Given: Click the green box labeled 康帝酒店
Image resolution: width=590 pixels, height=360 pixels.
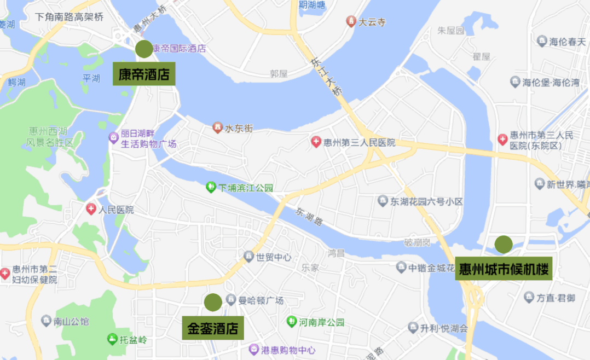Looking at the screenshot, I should tap(144, 74).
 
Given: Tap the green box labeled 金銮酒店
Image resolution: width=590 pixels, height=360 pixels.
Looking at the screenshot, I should tap(213, 328).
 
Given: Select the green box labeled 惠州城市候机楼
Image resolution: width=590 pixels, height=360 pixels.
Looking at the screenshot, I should tap(504, 269).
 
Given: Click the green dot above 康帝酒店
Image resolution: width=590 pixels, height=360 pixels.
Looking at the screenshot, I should tap(144, 49).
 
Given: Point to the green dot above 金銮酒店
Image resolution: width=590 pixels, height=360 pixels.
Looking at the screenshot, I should tap(213, 302).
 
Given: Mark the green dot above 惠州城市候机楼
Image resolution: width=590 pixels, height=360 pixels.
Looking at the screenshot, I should tap(504, 244).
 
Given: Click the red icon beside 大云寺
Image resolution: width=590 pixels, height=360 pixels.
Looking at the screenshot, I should tap(351, 22).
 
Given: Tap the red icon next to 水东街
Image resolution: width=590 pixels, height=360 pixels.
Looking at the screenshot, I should tap(218, 128).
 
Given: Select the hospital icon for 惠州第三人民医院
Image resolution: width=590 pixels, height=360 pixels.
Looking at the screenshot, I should tap(316, 142).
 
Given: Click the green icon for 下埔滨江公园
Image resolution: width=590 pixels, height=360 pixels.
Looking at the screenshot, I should tap(211, 188).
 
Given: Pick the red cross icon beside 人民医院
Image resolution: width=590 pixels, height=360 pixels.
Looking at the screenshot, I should tap(91, 209).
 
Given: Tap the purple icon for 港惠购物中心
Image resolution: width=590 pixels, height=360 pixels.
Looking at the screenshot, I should tap(254, 349).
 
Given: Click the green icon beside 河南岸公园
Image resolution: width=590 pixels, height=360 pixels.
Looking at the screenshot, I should tap(292, 322).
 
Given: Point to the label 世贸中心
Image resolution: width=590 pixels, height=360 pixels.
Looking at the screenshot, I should tap(274, 257).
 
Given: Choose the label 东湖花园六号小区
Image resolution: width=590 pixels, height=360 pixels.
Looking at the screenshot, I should tap(426, 201).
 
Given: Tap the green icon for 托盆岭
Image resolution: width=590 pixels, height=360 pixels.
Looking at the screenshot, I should tap(112, 339).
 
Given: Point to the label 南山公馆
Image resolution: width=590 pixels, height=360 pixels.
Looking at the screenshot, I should tap(71, 321).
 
